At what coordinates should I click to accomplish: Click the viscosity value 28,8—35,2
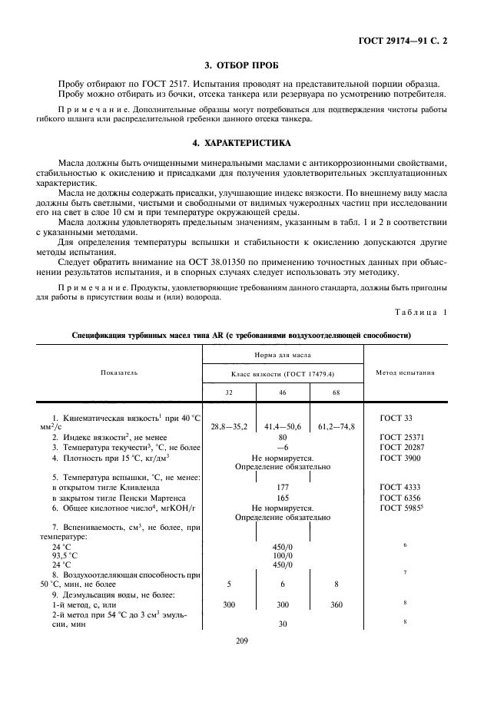click(x=229, y=426)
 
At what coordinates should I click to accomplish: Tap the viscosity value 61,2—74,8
click(x=336, y=426)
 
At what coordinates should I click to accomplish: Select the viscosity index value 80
click(x=283, y=436)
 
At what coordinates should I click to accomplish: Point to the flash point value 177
click(x=283, y=487)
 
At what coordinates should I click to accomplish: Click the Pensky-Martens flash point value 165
click(x=283, y=498)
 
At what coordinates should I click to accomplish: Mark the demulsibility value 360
click(x=336, y=605)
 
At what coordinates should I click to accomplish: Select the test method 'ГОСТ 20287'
click(x=403, y=446)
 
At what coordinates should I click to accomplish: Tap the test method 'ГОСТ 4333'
click(x=400, y=487)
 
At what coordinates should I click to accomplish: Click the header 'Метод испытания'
click(x=405, y=372)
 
